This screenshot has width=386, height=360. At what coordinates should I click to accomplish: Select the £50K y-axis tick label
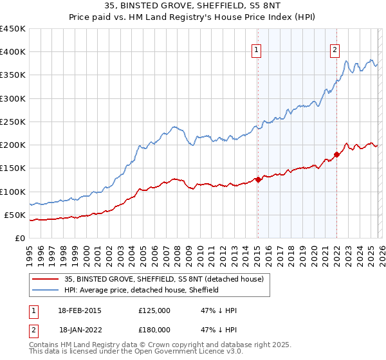tap(15, 215)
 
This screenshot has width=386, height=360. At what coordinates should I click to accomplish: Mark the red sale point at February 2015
tap(258, 180)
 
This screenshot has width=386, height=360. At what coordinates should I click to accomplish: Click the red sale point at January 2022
tap(336, 154)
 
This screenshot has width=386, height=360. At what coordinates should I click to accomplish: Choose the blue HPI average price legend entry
tap(142, 291)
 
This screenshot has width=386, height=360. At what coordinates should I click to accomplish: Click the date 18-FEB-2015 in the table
tap(80, 310)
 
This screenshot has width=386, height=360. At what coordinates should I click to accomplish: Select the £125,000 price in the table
tap(154, 310)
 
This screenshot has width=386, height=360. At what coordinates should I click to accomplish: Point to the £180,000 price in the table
tap(154, 330)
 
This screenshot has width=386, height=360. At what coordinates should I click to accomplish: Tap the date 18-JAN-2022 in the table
tap(80, 330)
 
